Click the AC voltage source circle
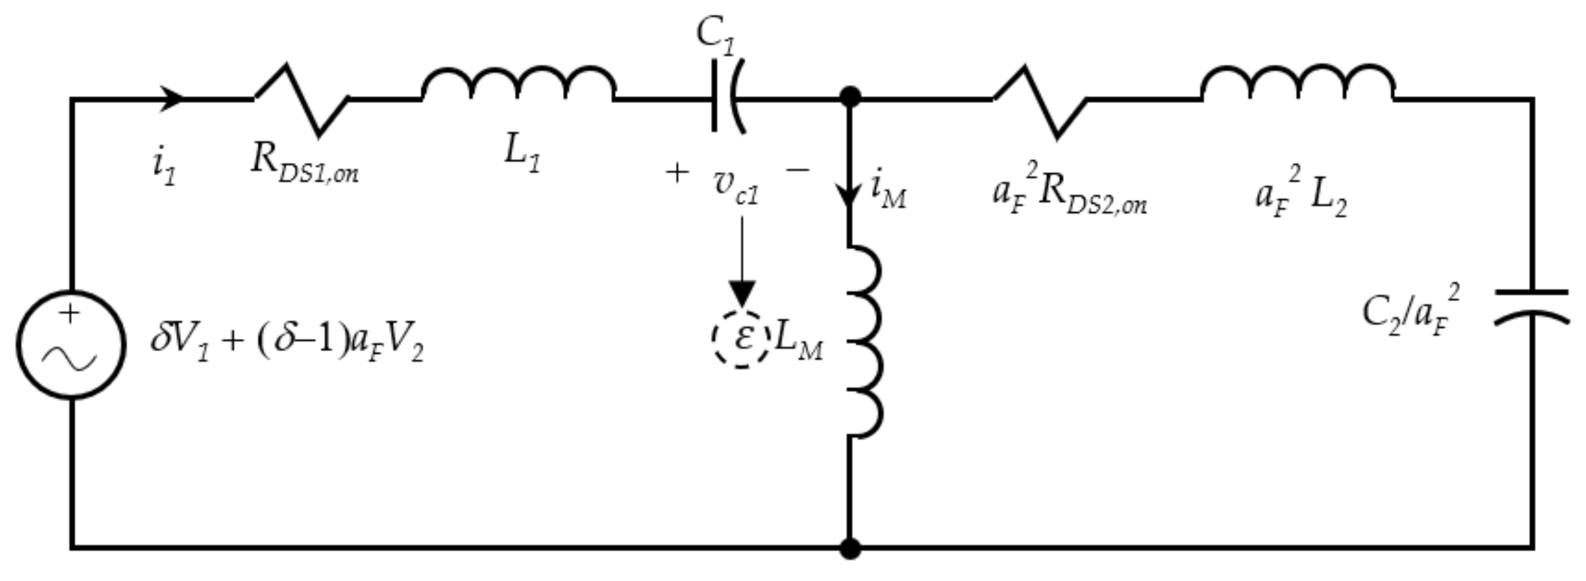pos(71,345)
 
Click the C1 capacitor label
pos(715,34)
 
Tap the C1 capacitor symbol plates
pos(728,96)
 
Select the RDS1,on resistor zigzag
pos(301,99)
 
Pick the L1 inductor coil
pos(518,83)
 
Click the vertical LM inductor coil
pos(865,342)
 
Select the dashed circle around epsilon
pos(741,339)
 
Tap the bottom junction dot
pos(850,548)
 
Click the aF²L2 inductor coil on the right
pos(1298,83)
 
